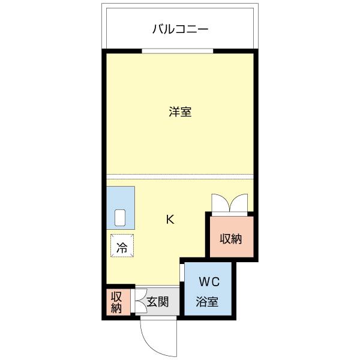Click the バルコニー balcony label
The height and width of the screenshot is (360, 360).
pyautogui.click(x=180, y=29)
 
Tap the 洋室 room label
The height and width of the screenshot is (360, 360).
pyautogui.click(x=179, y=112)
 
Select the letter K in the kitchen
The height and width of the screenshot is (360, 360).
pyautogui.click(x=170, y=220)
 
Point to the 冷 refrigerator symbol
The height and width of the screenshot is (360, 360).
pyautogui.click(x=122, y=246)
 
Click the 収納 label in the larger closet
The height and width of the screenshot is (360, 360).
pyautogui.click(x=230, y=239)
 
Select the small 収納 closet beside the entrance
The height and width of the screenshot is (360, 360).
pyautogui.click(x=116, y=302)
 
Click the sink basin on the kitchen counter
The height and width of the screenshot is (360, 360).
pyautogui.click(x=120, y=217)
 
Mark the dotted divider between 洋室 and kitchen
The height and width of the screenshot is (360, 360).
pyautogui.click(x=180, y=176)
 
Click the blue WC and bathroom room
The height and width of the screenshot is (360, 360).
pyautogui.click(x=209, y=292)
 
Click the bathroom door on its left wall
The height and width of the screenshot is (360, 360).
pyautogui.click(x=182, y=273)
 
